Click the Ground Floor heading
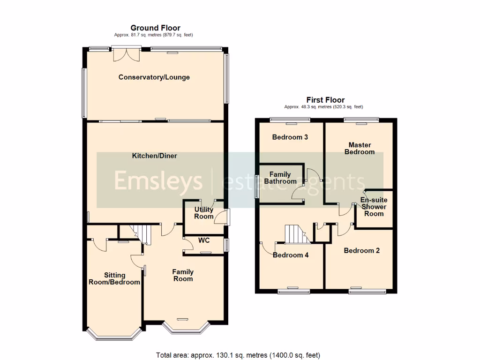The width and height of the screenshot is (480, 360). [x=155, y=28]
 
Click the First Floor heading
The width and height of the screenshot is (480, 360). [x=325, y=100]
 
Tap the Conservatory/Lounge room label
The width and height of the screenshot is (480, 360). [x=154, y=77]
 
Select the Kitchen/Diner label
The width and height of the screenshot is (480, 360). [x=154, y=156]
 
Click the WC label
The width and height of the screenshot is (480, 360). [x=203, y=240]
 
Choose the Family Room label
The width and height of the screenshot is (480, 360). [x=183, y=275]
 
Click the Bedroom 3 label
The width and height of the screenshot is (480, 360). [x=290, y=137]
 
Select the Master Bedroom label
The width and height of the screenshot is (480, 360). [x=360, y=149]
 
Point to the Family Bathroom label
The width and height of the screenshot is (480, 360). [x=280, y=178]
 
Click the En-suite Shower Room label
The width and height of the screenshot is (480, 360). [x=374, y=207]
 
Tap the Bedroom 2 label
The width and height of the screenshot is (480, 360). [x=361, y=251]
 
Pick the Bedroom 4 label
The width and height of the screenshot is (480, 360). [x=290, y=255]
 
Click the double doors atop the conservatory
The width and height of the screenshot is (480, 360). [x=127, y=53]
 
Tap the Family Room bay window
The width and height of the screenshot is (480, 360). [x=183, y=329]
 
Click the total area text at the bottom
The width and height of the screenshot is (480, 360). [x=238, y=355]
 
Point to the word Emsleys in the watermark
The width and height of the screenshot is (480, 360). [x=158, y=181]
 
